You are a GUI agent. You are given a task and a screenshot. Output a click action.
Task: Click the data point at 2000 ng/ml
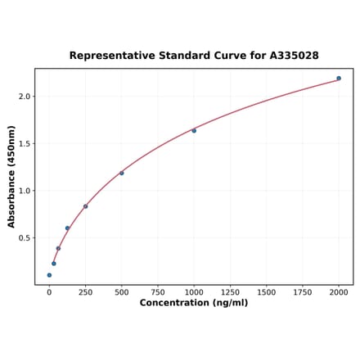point(339,79)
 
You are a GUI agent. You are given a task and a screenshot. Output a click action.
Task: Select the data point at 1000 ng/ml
point(194,131)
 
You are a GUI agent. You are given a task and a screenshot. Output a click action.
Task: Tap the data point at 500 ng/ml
point(122,173)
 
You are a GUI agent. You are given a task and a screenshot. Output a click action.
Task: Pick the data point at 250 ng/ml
point(85,206)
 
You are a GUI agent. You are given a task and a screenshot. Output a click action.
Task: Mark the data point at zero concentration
point(49,275)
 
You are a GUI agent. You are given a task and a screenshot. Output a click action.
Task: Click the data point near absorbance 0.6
point(67,228)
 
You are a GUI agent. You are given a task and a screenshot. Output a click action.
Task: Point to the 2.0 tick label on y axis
point(24,97)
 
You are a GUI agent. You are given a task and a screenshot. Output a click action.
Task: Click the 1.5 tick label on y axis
point(24,144)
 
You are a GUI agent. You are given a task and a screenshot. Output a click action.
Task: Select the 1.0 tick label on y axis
point(24,192)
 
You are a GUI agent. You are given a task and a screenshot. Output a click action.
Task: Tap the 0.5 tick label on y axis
point(24,239)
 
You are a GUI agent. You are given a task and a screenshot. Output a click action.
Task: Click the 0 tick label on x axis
point(49,291)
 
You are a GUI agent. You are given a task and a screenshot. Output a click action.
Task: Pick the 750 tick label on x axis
point(158,291)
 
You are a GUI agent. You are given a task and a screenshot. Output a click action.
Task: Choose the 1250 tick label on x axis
point(230,291)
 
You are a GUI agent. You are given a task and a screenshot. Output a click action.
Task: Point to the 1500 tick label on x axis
point(266,291)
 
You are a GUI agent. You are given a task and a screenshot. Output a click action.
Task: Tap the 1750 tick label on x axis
point(303,291)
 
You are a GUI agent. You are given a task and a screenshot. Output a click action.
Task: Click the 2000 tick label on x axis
point(339,291)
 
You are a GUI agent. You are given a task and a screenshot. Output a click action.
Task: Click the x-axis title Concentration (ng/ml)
point(194,303)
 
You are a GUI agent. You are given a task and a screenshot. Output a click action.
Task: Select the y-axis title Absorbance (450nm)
point(11,177)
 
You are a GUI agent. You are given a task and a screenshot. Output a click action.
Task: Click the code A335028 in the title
point(287,56)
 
